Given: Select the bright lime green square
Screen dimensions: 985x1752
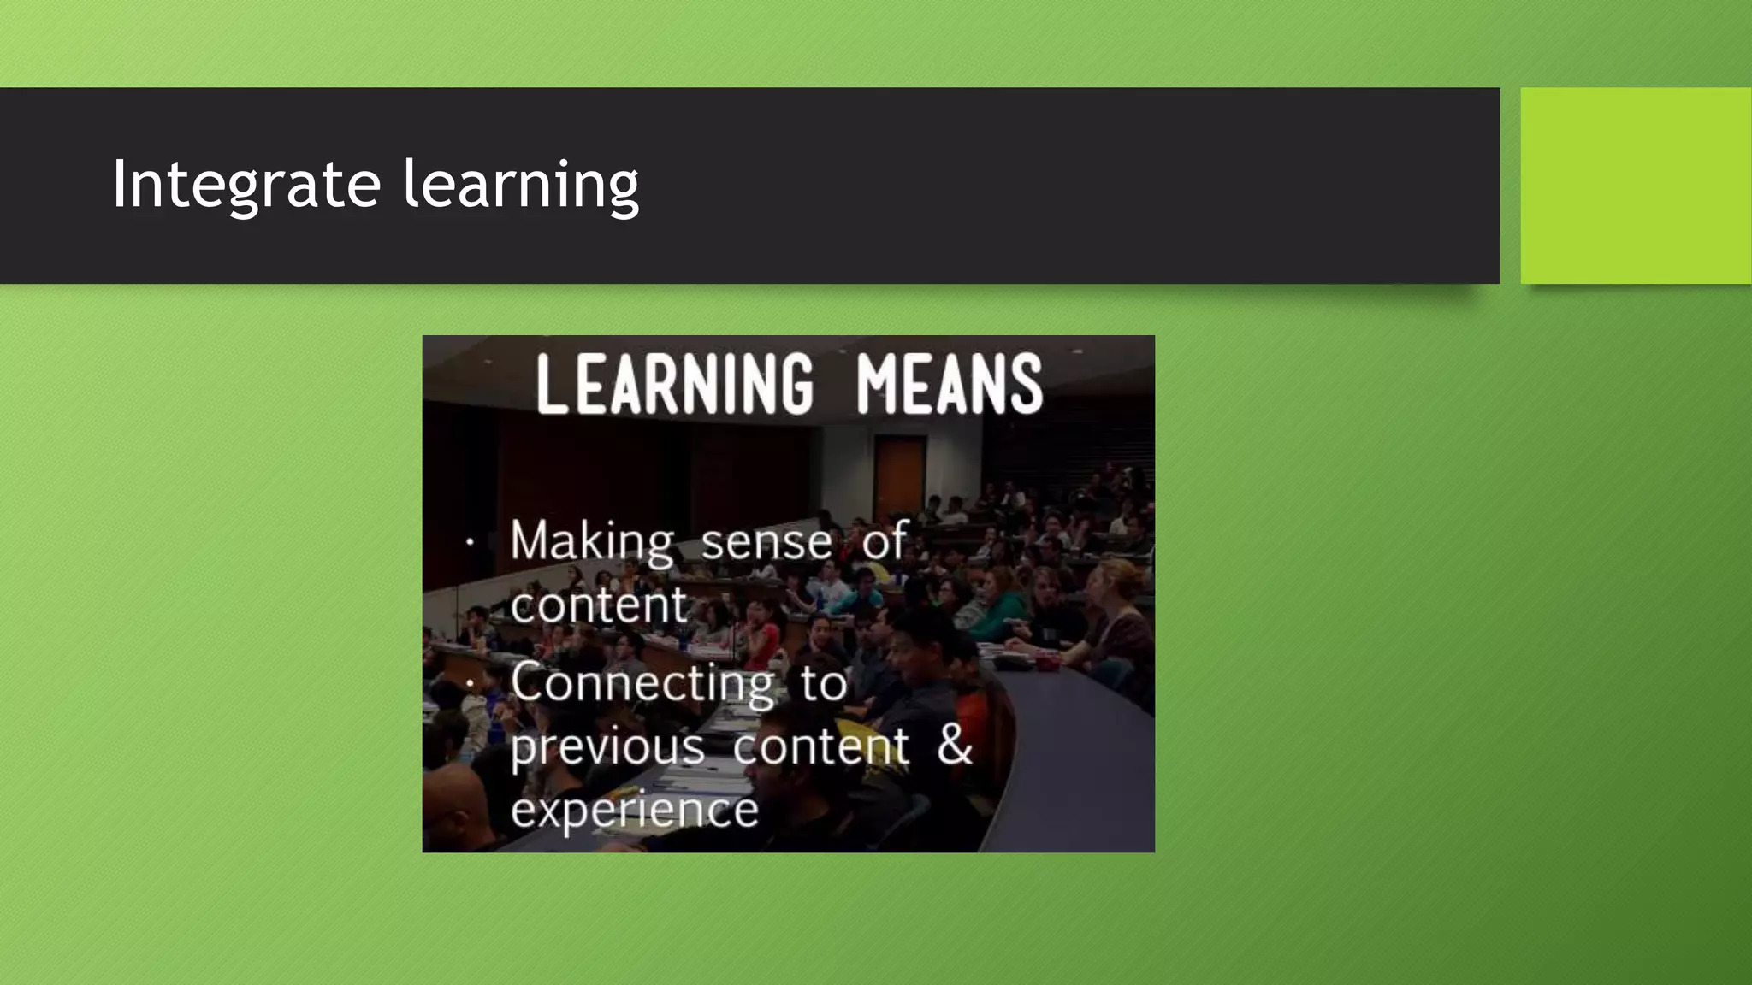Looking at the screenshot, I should pos(1636,186).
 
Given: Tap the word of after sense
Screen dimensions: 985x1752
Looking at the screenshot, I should pos(884,541).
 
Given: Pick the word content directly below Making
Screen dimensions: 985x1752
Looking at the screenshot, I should pos(599,605).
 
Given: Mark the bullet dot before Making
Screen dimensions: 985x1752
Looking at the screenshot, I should pos(470,542).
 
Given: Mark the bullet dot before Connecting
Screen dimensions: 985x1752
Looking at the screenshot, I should pos(470,683).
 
